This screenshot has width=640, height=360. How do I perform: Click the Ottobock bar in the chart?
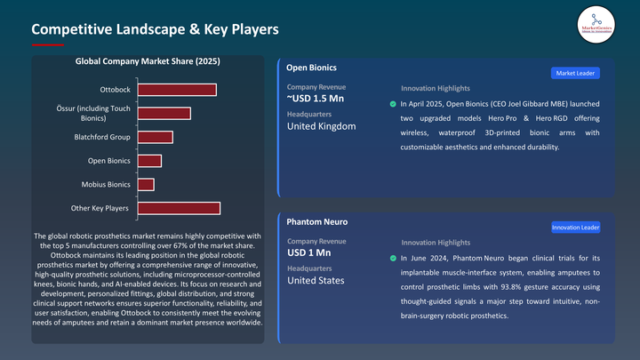click(176, 90)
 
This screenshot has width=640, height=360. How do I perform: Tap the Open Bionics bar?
click(148, 161)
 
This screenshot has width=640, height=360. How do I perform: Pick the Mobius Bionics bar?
click(145, 184)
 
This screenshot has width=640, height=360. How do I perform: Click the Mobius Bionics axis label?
click(107, 184)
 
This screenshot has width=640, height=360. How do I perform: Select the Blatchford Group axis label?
click(101, 137)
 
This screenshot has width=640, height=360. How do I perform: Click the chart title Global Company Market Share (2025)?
click(148, 62)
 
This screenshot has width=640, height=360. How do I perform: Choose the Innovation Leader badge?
click(575, 228)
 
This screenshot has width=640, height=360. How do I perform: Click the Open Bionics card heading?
click(312, 68)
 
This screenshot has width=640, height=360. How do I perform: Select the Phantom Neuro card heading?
click(317, 220)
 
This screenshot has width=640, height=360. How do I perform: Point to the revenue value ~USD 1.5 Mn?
click(320, 99)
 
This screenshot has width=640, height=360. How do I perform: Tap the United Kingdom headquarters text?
click(321, 126)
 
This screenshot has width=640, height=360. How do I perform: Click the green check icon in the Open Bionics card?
click(393, 104)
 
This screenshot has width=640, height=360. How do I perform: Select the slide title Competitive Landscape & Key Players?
click(156, 29)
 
